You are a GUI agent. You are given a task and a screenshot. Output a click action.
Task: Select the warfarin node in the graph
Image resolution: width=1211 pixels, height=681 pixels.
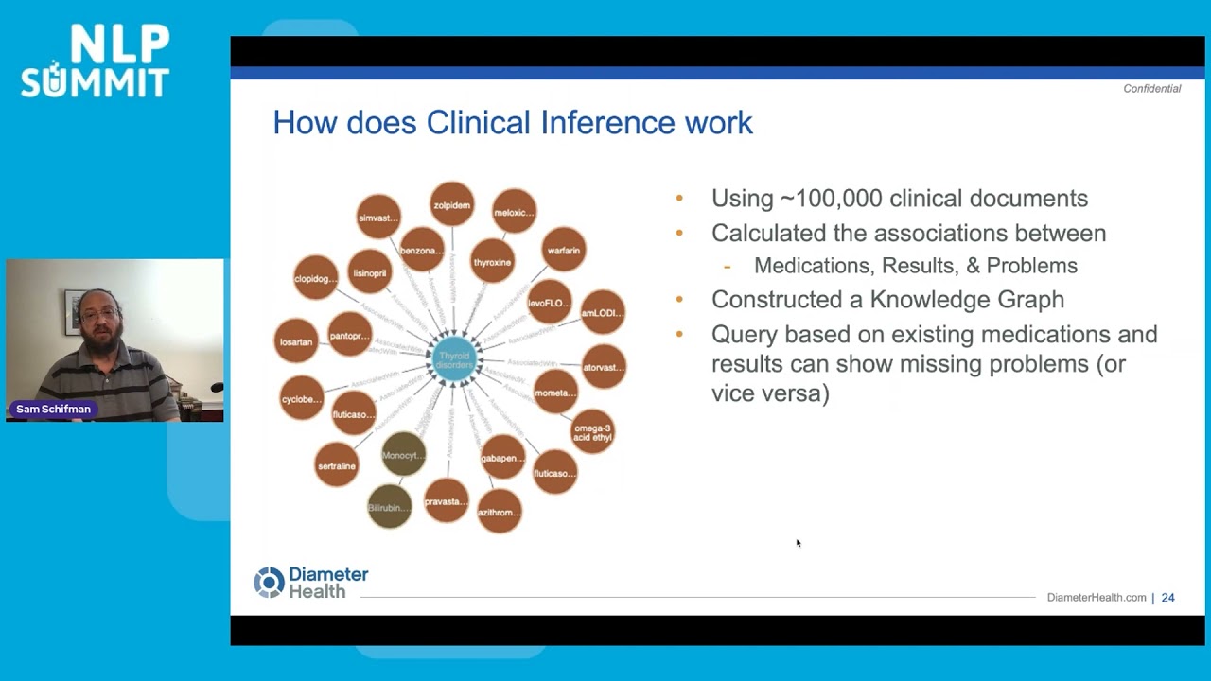[564, 251]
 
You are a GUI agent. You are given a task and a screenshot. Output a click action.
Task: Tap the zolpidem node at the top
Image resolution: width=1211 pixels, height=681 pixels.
[451, 205]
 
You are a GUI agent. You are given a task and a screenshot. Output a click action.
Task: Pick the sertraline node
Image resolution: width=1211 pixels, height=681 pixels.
[337, 465]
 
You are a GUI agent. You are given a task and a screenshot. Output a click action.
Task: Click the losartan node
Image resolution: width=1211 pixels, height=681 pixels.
[296, 341]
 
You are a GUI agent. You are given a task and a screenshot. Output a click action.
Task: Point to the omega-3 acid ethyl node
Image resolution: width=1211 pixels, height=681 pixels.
[592, 432]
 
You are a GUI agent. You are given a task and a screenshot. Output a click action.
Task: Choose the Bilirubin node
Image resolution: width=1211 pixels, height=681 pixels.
[389, 507]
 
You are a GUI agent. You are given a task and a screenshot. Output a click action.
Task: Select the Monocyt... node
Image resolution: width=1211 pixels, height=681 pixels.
[404, 455]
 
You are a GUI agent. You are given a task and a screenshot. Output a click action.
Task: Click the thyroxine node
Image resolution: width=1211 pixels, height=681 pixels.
[492, 262]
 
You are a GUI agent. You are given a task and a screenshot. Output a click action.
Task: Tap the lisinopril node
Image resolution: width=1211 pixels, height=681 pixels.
[369, 272]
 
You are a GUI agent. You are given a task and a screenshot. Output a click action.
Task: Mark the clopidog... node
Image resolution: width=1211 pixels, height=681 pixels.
[315, 278]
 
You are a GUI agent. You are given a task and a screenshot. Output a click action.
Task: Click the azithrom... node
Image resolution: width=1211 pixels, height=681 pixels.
[499, 512]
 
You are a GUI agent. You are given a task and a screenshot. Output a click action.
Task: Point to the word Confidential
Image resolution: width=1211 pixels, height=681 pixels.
[1151, 89]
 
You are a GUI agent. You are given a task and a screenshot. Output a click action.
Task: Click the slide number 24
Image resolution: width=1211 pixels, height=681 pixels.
[1167, 598]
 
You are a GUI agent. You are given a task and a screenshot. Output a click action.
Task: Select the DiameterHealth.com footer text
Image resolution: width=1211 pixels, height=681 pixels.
[1096, 598]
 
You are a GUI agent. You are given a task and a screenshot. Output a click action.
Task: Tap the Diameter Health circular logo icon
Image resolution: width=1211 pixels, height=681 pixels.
[269, 583]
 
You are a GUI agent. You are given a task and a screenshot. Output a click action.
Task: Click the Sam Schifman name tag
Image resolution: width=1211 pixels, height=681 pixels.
[53, 410]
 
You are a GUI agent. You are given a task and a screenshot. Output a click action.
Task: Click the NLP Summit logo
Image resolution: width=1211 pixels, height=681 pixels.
[95, 61]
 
